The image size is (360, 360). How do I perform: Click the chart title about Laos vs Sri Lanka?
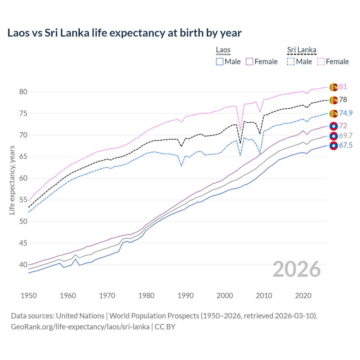coord(124,33)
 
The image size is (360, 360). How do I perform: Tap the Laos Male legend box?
coord(220,62)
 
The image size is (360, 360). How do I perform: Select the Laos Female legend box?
coord(249,62)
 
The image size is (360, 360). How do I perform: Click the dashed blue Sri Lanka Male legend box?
coord(291,62)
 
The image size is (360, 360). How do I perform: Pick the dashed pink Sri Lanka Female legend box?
coord(321,62)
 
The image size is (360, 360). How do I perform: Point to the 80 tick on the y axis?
coord(23,92)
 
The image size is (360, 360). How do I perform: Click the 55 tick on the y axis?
coord(23,200)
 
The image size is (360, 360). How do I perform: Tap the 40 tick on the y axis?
coord(23,265)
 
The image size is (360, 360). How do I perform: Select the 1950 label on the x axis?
coord(29,296)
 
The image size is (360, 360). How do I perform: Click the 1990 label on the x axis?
coord(186,296)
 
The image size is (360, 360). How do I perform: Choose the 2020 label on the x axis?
coord(303,296)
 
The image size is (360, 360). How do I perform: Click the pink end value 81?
coord(343,87)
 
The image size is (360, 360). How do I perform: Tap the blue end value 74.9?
coord(346,113)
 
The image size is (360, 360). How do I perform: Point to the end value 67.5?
coord(346,145)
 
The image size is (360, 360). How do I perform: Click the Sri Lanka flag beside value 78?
coord(334,100)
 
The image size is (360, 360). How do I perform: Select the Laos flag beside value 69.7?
coord(334,136)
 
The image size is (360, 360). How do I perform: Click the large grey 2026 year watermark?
coord(297,269)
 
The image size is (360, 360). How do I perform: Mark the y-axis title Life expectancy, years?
coord(12,180)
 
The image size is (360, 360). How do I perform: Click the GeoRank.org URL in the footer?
coord(80,327)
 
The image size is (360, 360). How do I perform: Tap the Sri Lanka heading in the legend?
coord(301,50)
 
